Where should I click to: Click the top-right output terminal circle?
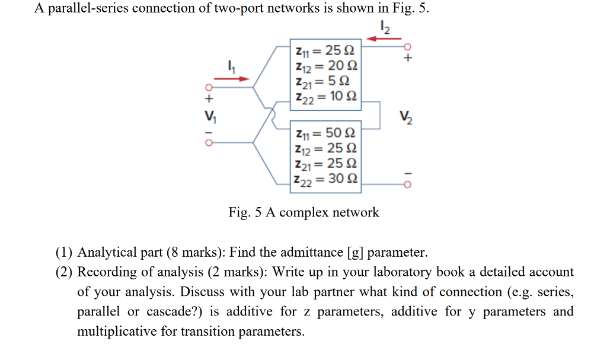pyautogui.click(x=407, y=46)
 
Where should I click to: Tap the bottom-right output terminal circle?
pyautogui.click(x=407, y=185)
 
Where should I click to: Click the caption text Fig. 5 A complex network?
pyautogui.click(x=303, y=212)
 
